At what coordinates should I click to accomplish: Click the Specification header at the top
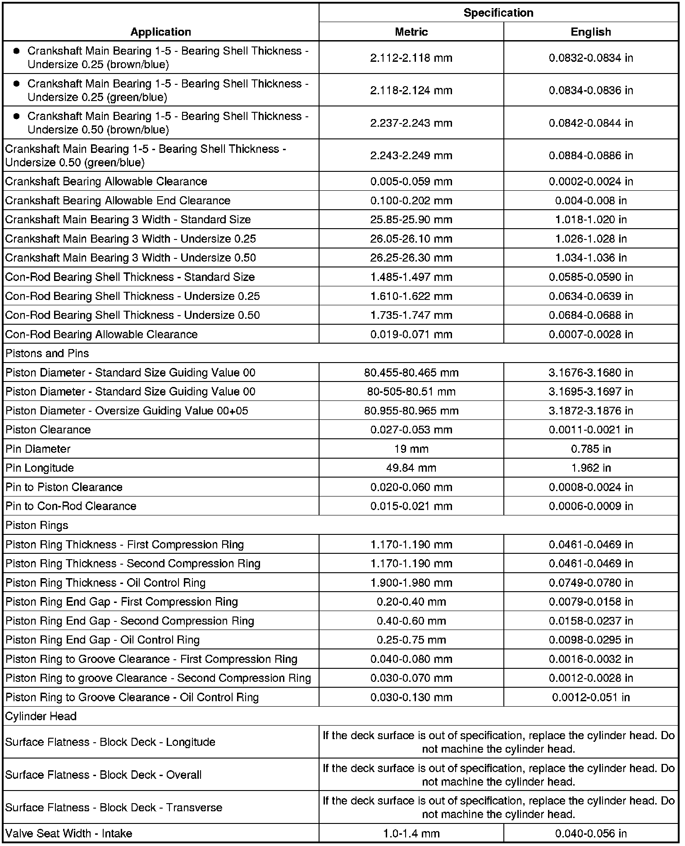click(498, 13)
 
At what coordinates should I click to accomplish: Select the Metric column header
click(411, 32)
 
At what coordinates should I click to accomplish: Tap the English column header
click(590, 32)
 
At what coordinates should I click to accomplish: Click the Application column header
click(160, 32)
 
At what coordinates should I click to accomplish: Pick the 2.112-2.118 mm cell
click(411, 58)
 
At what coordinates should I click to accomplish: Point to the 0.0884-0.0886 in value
click(590, 156)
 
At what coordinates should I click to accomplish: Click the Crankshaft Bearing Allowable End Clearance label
click(118, 201)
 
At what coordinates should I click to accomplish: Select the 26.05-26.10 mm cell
click(411, 239)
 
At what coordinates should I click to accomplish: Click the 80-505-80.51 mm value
click(411, 392)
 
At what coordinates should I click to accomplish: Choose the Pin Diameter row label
click(38, 449)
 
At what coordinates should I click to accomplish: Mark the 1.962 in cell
click(590, 468)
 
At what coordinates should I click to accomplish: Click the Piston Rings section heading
click(37, 525)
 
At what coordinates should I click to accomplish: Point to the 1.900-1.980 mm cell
click(411, 583)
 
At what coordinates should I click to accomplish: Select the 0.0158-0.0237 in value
click(590, 621)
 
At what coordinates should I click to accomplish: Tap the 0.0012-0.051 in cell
click(590, 697)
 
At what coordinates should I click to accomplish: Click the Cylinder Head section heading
click(41, 717)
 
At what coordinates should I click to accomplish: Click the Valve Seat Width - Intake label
click(69, 833)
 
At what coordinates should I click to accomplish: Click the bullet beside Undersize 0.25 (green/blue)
click(17, 84)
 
